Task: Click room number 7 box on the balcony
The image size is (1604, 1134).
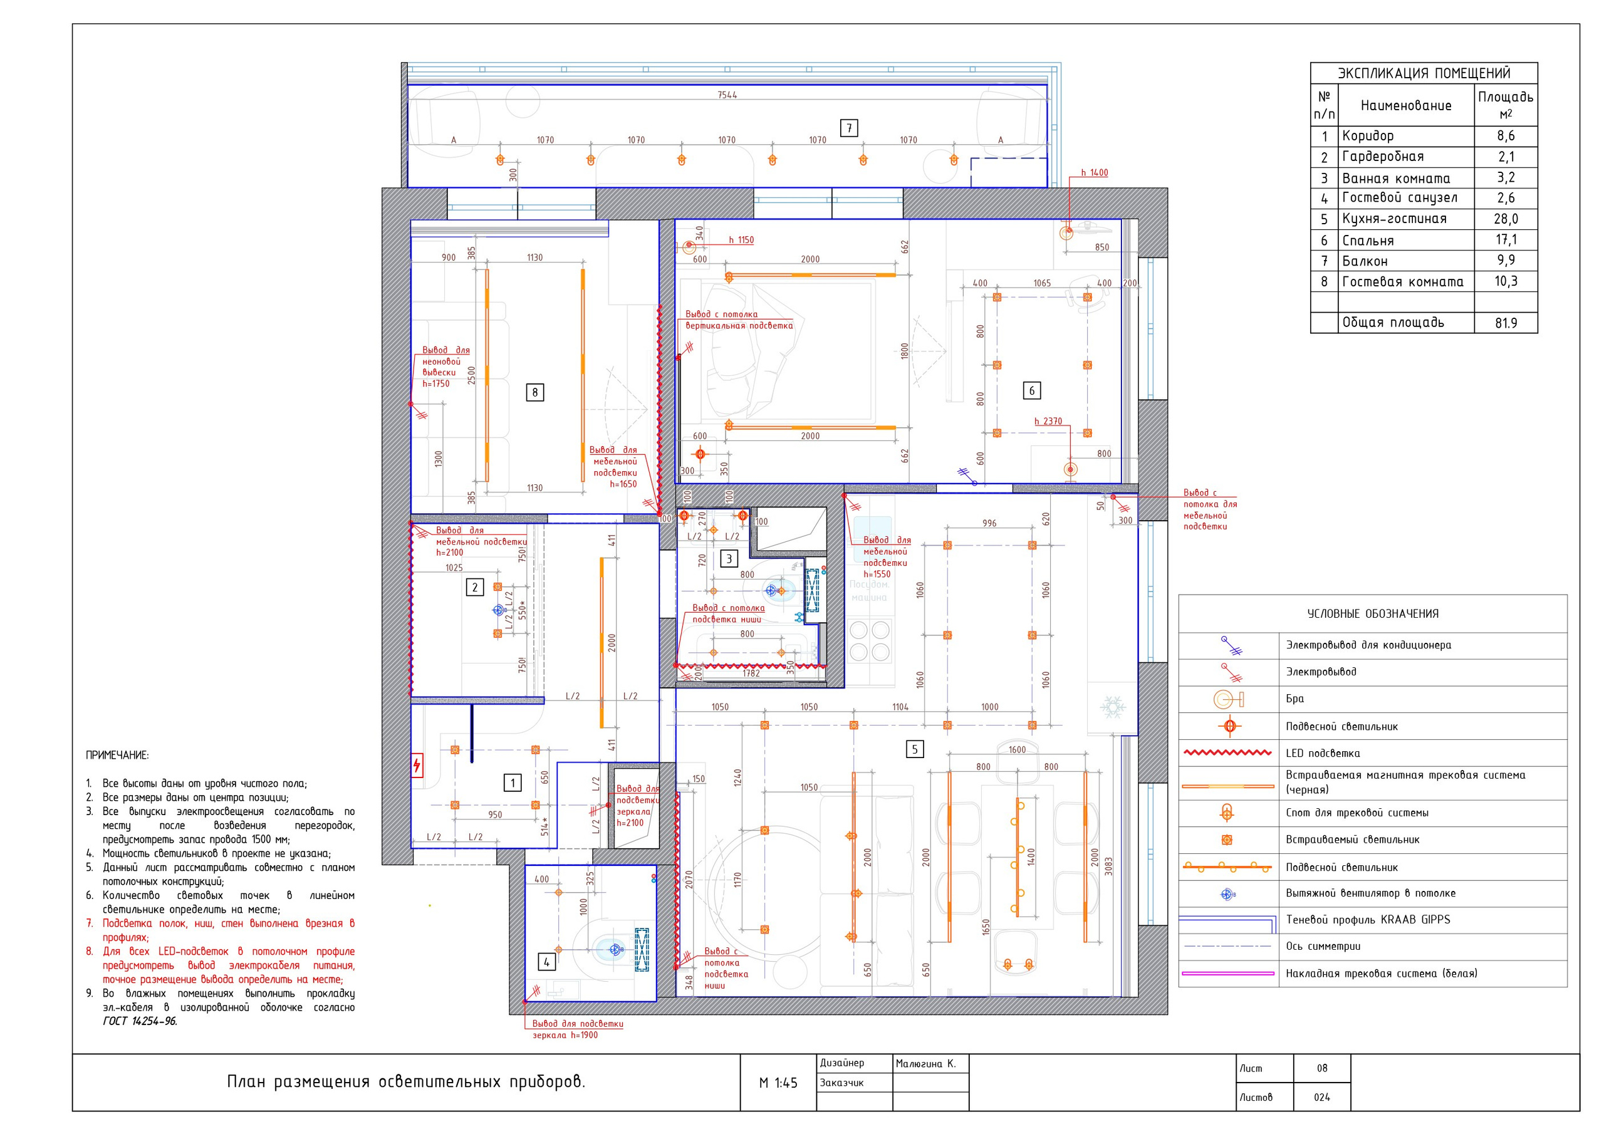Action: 849,128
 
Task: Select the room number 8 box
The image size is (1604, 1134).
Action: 535,393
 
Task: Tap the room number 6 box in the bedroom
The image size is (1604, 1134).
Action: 1032,390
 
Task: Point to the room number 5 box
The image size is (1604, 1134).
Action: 915,750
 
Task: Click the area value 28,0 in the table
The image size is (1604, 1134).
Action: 1506,219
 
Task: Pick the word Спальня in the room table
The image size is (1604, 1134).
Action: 1368,241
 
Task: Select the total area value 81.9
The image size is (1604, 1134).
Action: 1506,323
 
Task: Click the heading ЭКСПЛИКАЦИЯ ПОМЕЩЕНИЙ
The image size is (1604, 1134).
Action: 1424,73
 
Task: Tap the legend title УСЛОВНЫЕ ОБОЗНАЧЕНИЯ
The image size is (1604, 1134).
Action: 1373,614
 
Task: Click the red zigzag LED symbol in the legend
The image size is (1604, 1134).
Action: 1228,753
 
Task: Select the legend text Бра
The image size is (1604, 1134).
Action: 1295,699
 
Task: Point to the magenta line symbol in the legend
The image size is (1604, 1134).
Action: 1228,973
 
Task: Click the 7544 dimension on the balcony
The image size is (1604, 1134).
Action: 727,95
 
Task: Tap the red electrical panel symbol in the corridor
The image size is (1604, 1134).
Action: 417,765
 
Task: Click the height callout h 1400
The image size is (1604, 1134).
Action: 1094,172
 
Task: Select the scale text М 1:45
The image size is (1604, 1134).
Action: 778,1083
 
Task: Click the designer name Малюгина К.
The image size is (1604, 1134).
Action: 925,1064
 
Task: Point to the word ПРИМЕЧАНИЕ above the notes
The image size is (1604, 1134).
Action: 117,756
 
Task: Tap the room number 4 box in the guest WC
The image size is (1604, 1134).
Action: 547,962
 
